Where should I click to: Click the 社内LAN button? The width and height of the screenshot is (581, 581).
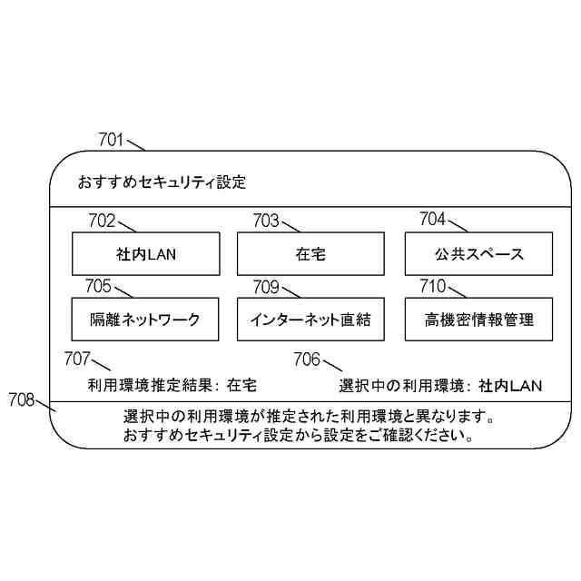click(146, 254)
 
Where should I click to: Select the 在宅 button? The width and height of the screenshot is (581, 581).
click(310, 254)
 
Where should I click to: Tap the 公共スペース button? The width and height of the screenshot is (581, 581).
click(477, 254)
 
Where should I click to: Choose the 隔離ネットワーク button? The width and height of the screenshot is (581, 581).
click(146, 320)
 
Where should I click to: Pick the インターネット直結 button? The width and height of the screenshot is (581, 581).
click(310, 320)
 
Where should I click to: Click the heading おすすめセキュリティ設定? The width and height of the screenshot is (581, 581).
click(162, 182)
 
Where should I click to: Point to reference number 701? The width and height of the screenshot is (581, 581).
click(111, 140)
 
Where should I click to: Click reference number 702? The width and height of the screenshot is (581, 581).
click(102, 220)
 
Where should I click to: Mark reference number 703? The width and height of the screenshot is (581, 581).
click(266, 220)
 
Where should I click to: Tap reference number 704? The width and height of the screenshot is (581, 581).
click(432, 219)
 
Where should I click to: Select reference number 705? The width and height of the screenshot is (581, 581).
click(98, 287)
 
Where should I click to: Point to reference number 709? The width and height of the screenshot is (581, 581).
click(266, 287)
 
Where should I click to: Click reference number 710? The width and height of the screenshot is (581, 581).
click(432, 287)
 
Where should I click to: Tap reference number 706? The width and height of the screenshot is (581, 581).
click(307, 359)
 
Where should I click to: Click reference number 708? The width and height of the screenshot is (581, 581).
click(21, 399)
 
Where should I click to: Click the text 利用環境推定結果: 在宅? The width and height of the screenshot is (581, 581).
click(172, 385)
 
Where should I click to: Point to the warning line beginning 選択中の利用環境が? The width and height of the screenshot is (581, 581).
click(309, 419)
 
